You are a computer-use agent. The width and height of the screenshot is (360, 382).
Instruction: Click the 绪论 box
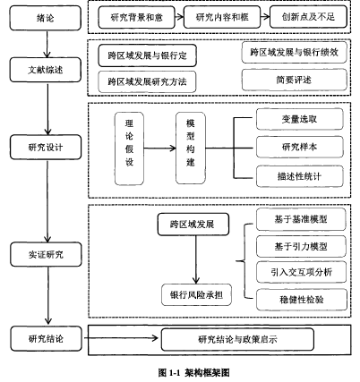click(x=46, y=18)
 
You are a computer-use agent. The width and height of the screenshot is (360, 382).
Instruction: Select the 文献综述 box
click(x=46, y=70)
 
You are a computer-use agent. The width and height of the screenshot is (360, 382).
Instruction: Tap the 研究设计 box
click(x=46, y=147)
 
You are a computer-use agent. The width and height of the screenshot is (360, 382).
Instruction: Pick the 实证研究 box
click(x=46, y=254)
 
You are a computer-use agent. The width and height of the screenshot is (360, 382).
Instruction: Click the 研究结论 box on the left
click(x=46, y=338)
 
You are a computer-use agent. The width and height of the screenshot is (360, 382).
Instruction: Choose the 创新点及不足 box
click(x=308, y=17)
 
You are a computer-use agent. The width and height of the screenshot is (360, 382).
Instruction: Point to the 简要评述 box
click(x=294, y=80)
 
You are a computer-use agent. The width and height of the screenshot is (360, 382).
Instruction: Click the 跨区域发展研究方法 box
click(x=147, y=81)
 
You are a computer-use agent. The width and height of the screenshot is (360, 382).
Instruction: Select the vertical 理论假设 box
click(x=129, y=149)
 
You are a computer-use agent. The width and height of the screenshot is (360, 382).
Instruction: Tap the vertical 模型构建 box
click(x=191, y=149)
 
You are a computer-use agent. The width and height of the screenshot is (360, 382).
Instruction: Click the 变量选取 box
click(x=299, y=119)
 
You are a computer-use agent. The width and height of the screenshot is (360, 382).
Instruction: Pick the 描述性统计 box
click(x=299, y=176)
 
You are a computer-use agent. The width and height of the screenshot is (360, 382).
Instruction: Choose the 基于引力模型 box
click(x=301, y=246)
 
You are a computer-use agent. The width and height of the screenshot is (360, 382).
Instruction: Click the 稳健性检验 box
click(x=302, y=300)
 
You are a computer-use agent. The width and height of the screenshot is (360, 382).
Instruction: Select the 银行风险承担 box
click(x=196, y=294)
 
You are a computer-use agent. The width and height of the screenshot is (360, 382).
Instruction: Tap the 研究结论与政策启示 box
click(x=237, y=339)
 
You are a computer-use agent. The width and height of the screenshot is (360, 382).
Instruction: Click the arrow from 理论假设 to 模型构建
click(x=159, y=148)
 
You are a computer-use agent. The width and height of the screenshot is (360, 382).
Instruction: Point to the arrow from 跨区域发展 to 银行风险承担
click(x=196, y=259)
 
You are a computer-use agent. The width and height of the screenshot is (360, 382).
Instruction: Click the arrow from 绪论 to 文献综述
click(x=47, y=44)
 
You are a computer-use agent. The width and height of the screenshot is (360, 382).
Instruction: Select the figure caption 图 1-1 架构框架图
click(x=194, y=373)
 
